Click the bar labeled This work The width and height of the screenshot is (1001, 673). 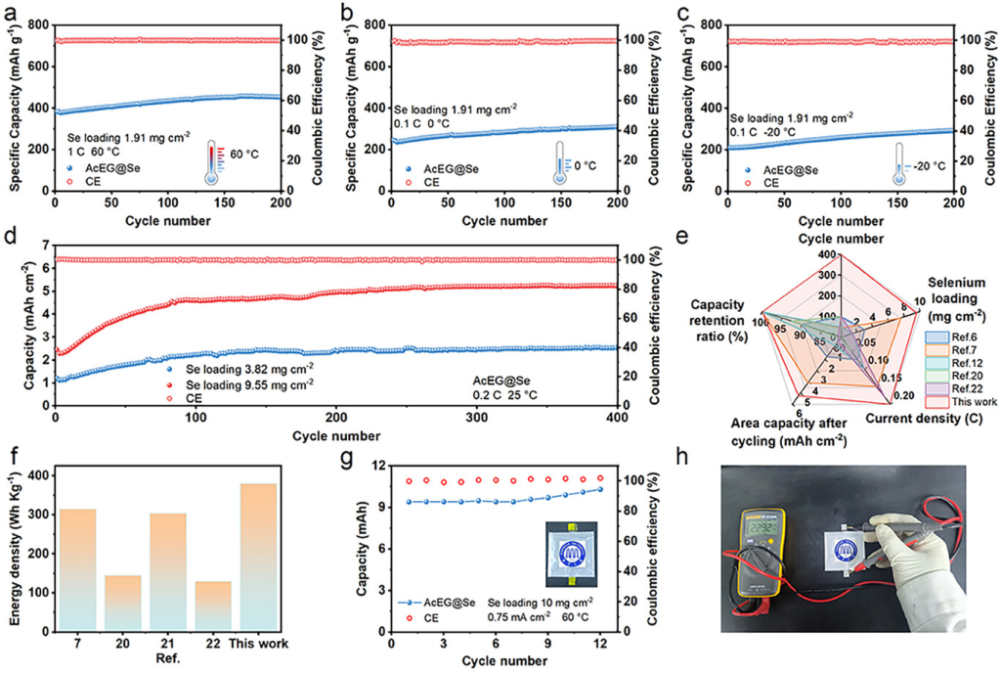pyautogui.click(x=252, y=556)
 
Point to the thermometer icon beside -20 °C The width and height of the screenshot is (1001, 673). pyautogui.click(x=899, y=168)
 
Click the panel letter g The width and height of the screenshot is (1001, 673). pyautogui.click(x=344, y=455)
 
